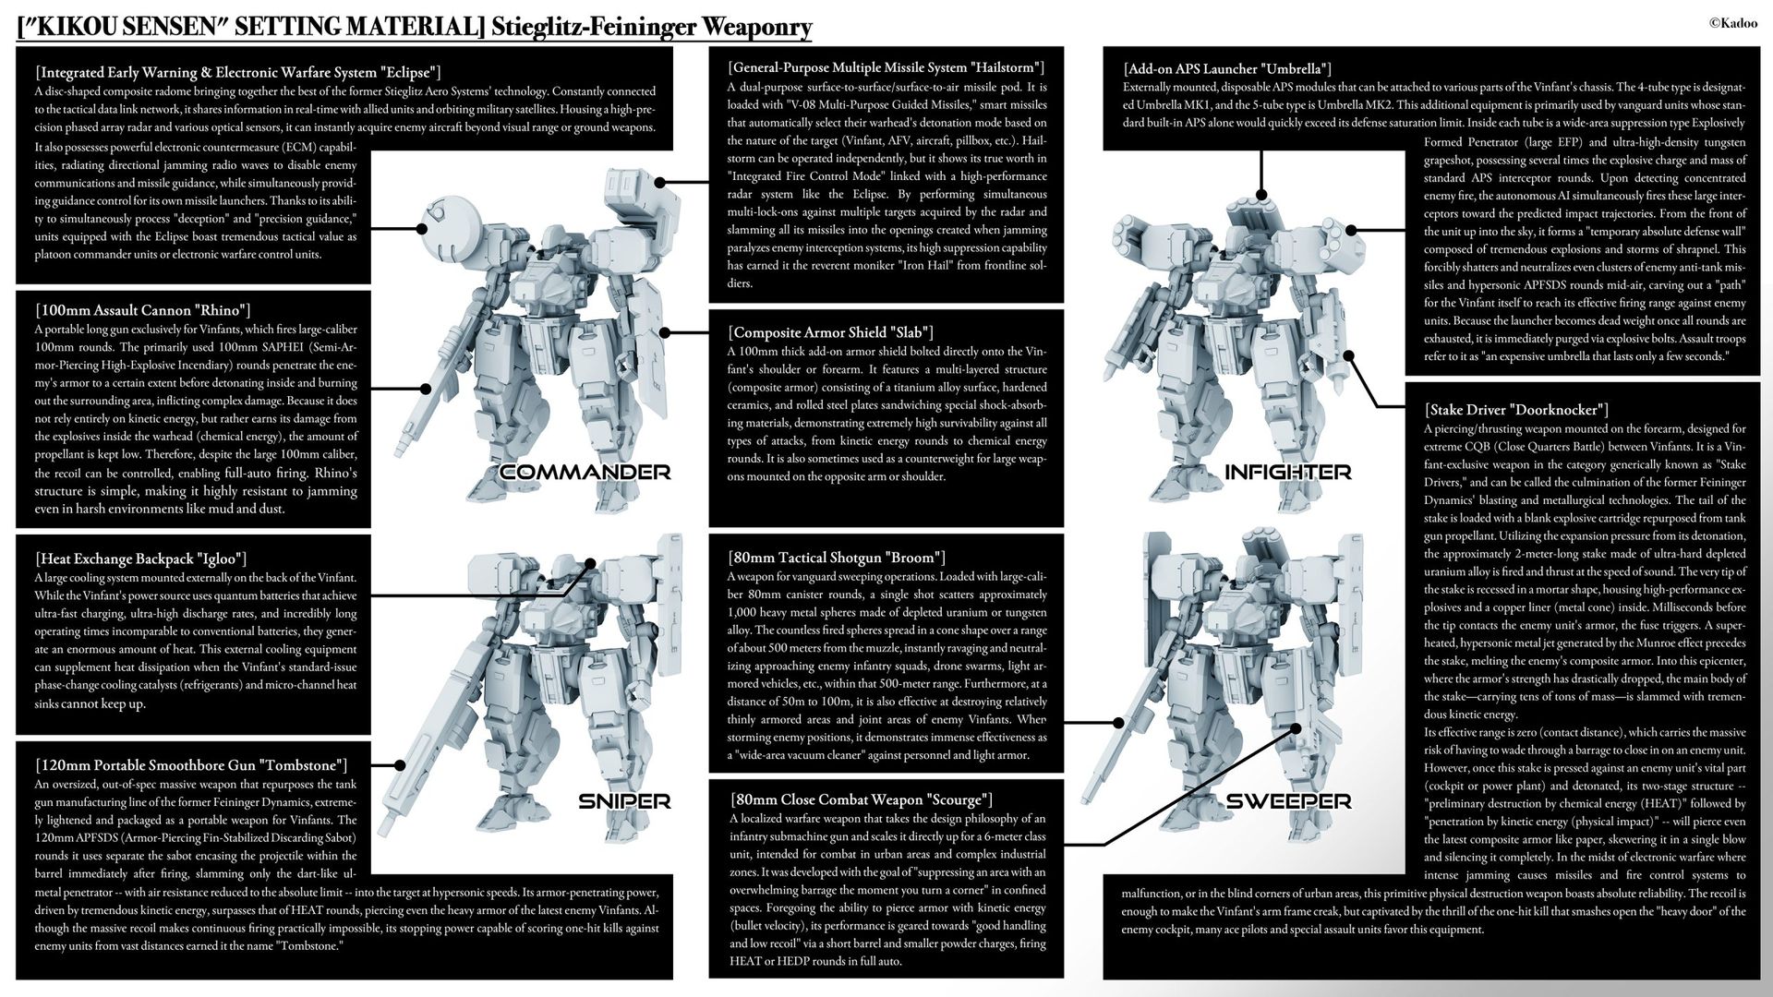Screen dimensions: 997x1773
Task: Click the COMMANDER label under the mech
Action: coord(585,473)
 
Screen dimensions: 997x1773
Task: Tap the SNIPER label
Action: coord(624,801)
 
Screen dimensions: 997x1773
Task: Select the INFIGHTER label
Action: coord(1287,473)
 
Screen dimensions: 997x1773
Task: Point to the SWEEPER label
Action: coord(1288,801)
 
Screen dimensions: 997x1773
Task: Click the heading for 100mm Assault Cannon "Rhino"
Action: coord(142,310)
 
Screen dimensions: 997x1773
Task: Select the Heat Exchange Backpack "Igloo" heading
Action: coord(140,559)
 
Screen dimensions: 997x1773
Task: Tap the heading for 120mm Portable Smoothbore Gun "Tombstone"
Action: coord(191,765)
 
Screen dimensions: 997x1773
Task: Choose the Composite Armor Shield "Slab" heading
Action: coord(830,332)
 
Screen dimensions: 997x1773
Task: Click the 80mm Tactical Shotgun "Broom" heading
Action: coord(837,558)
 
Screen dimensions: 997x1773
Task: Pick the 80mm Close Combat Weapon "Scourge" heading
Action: coord(861,799)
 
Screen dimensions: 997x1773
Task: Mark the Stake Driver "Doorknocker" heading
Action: coord(1516,410)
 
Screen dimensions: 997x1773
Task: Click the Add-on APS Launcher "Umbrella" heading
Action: coord(1227,69)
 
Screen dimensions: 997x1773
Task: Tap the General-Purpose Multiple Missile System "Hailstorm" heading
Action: coord(886,67)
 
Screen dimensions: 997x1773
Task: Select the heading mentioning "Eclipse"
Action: coord(237,72)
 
